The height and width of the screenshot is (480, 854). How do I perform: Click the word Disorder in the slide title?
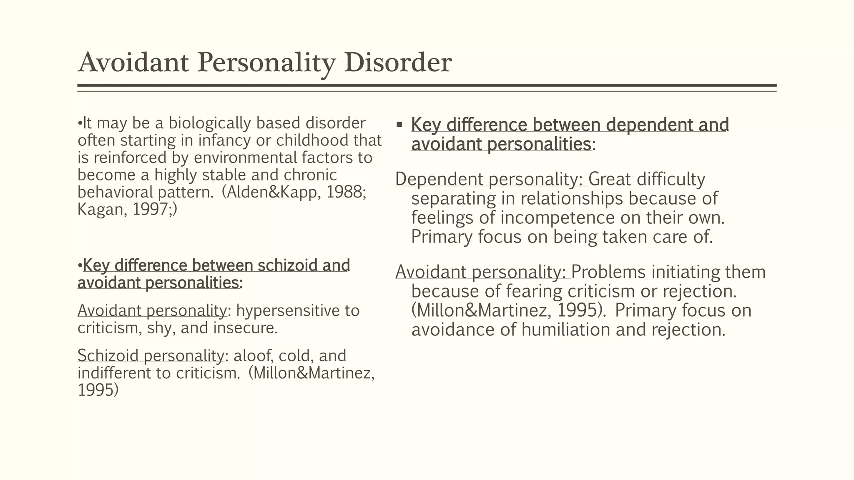(x=398, y=62)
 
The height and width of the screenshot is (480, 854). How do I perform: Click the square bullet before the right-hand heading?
(x=399, y=125)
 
